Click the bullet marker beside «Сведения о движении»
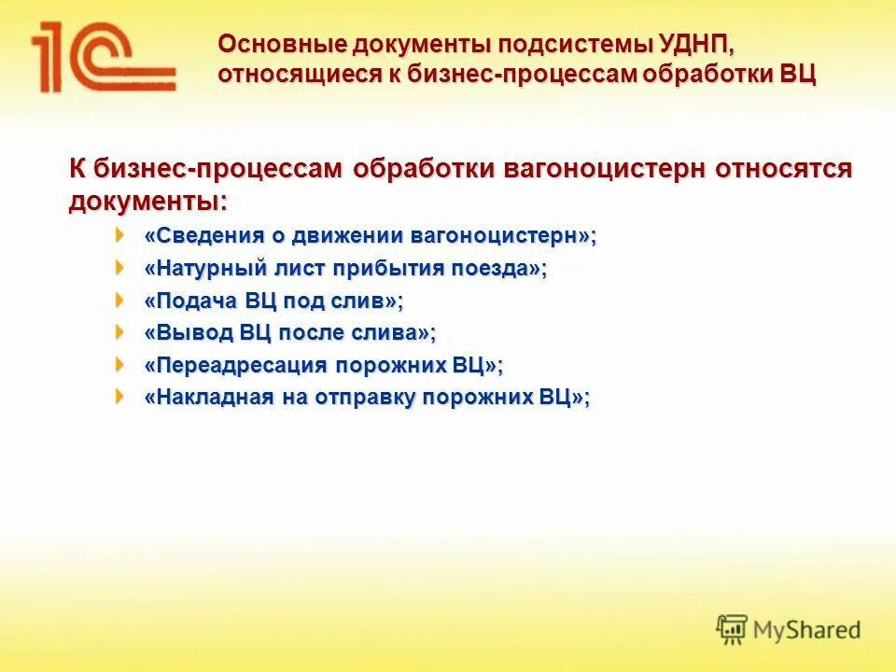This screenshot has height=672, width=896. click(x=119, y=234)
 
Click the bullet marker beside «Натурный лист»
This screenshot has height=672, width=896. click(x=119, y=267)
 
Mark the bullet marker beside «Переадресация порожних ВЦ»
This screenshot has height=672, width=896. click(x=119, y=363)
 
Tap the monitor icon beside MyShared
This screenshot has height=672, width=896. click(x=733, y=628)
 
